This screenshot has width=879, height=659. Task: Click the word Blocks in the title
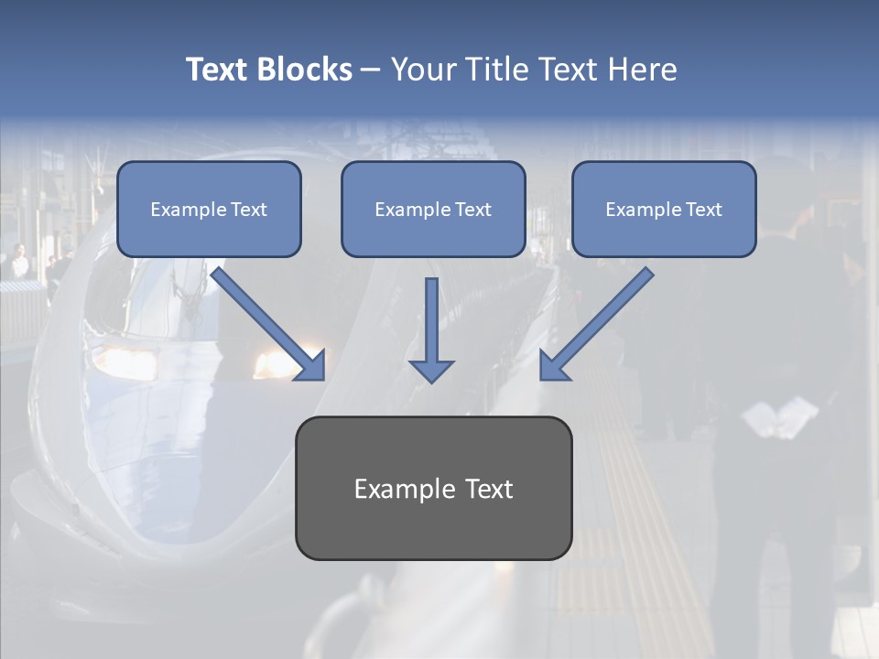click(x=305, y=70)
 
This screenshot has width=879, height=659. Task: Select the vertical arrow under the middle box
click(x=431, y=325)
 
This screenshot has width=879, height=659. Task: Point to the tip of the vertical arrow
click(x=431, y=379)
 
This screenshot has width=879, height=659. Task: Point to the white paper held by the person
click(x=779, y=416)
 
